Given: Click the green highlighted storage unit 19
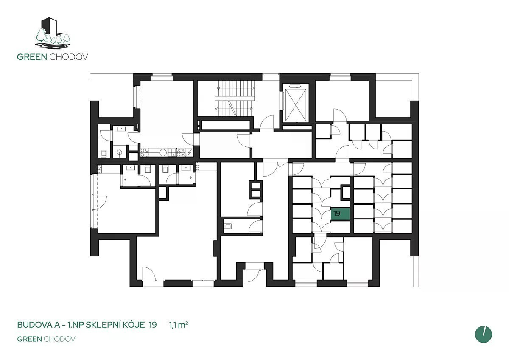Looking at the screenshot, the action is pos(340,214).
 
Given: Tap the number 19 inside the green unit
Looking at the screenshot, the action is pos(337,214).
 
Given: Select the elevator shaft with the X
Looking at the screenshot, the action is pos(296,105).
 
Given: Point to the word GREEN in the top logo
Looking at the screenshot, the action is pos(32,57).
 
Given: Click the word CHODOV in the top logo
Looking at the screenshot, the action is pos(69,57).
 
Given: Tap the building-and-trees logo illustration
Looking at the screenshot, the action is pos(53,33).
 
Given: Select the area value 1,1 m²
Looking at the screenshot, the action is pos(179,325).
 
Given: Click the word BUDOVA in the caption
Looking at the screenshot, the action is pos(34,325).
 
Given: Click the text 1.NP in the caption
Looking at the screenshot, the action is pos(76,325).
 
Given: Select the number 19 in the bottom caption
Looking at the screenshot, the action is pos(153,325).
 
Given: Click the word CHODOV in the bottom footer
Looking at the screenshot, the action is pos(59,339).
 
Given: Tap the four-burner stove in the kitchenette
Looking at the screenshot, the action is pos(145,152).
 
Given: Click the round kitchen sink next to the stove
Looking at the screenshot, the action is pos(163,152).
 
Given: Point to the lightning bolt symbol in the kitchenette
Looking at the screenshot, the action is pos(189,152).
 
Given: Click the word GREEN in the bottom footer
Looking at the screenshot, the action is pos(30,339).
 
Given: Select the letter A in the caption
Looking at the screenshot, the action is pos(57,325).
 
